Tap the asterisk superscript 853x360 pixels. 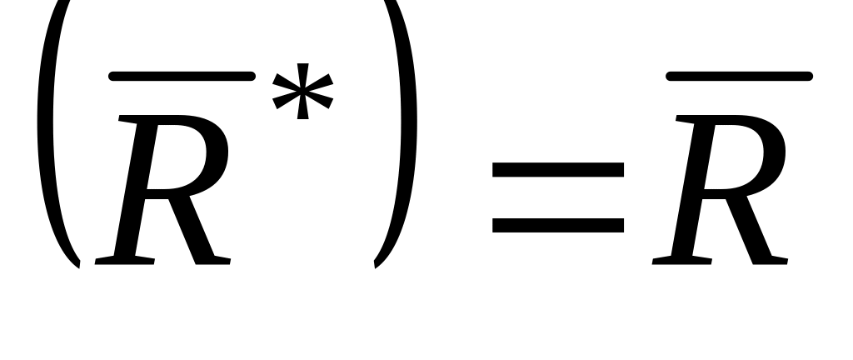[303, 92]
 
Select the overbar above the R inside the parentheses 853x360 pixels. [182, 76]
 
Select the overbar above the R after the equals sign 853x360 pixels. [740, 76]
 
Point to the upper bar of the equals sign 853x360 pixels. [558, 170]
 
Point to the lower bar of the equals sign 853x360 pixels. [558, 225]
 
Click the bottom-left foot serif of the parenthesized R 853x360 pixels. [125, 261]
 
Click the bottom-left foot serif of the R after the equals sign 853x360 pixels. [681, 261]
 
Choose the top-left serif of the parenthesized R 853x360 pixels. [128, 119]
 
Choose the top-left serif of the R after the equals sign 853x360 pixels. [686, 119]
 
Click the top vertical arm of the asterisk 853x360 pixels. [303, 76]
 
